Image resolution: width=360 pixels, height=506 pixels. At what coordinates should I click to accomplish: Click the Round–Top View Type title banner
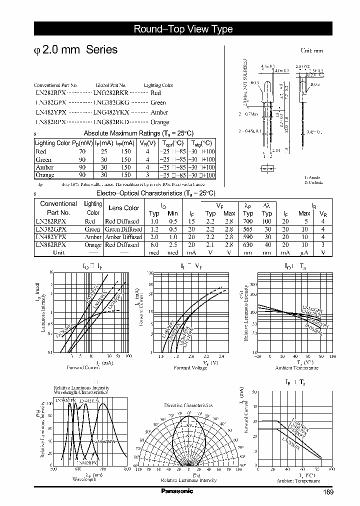[x=183, y=29]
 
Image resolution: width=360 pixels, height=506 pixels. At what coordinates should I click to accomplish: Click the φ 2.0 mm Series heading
[x=75, y=50]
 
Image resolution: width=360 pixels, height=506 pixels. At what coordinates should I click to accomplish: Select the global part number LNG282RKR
[x=110, y=93]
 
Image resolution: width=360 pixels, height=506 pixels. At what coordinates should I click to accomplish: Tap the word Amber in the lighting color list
[x=159, y=112]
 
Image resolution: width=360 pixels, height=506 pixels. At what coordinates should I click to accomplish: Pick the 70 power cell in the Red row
[x=82, y=151]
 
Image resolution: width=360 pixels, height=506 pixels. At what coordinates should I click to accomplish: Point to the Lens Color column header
[x=124, y=208]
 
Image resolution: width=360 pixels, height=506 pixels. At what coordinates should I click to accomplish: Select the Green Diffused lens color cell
[x=121, y=229]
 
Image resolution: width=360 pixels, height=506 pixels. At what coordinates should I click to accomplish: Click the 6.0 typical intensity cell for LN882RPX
[x=154, y=245]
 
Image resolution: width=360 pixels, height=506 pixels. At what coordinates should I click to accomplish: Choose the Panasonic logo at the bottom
[x=178, y=491]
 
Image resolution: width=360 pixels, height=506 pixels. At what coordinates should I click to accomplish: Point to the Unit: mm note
[x=311, y=51]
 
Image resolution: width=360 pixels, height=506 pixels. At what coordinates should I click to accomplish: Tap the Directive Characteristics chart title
[x=188, y=405]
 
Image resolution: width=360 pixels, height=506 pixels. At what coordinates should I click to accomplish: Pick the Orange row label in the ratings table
[x=45, y=175]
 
